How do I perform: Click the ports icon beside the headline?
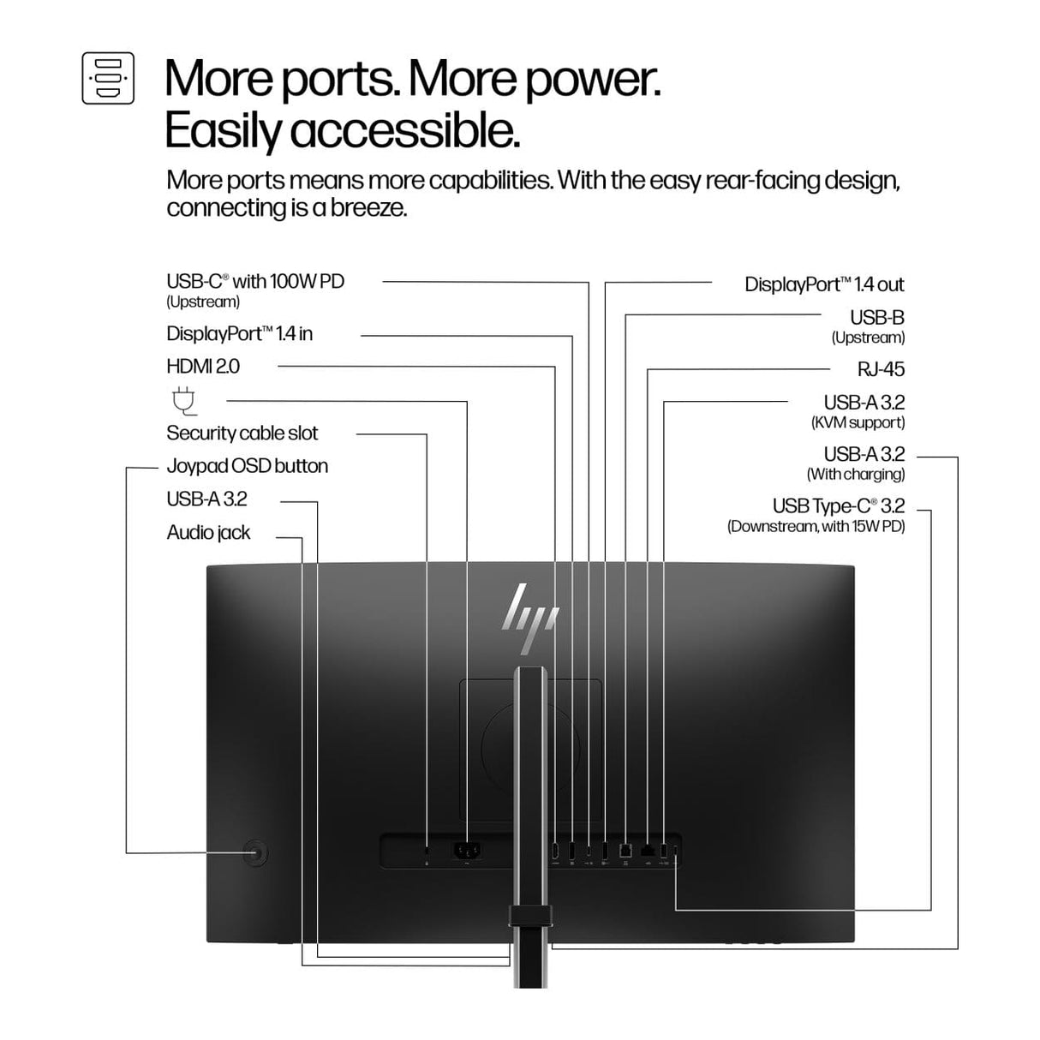(x=108, y=78)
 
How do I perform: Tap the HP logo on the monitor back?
(x=530, y=619)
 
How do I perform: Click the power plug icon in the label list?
(x=184, y=401)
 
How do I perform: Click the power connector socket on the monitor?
(x=467, y=852)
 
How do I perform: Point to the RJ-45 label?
(x=881, y=369)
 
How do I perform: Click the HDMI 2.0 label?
(x=203, y=367)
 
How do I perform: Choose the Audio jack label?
(x=208, y=533)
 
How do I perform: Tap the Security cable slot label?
(x=242, y=433)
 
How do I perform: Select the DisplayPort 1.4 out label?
(x=824, y=284)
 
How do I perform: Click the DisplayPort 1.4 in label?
(x=240, y=333)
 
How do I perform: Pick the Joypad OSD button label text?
(x=248, y=466)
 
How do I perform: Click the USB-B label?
(x=877, y=317)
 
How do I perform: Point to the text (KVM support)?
(x=858, y=422)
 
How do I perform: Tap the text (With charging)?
(x=856, y=475)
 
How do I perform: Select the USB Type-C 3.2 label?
(x=838, y=505)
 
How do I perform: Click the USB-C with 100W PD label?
(x=255, y=281)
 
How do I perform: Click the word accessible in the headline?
(x=404, y=131)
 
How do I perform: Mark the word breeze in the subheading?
(x=368, y=208)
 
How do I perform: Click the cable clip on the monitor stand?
(x=530, y=916)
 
